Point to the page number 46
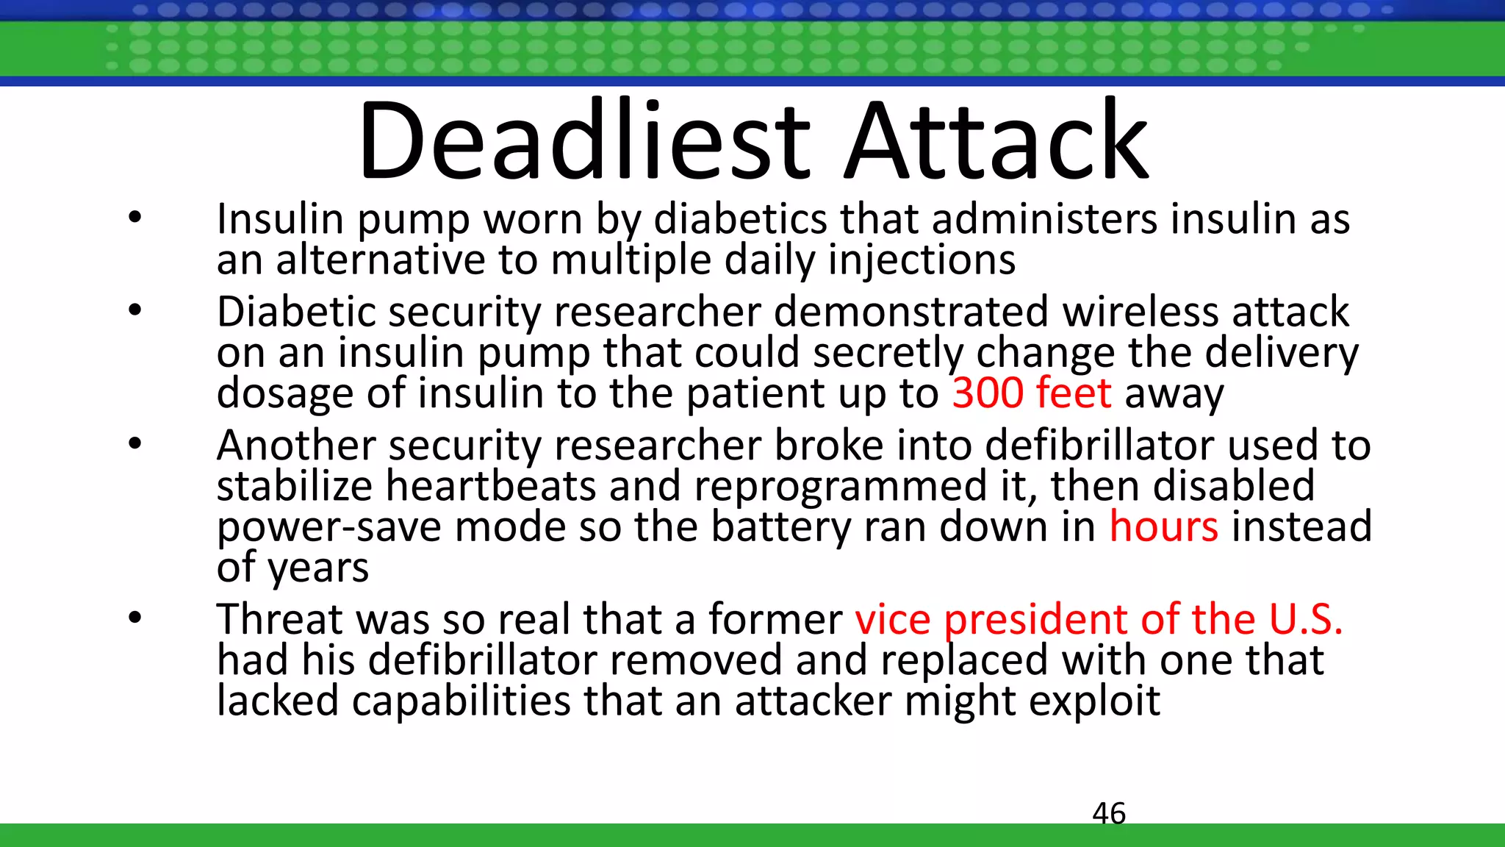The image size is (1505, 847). click(x=1109, y=813)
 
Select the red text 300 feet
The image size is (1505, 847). click(x=1031, y=393)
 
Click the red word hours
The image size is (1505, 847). click(x=1163, y=526)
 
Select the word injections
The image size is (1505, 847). click(x=922, y=260)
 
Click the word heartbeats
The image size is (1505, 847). click(x=491, y=486)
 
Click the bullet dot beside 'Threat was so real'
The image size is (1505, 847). click(x=134, y=618)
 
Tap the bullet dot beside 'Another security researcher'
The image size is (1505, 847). click(x=134, y=444)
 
